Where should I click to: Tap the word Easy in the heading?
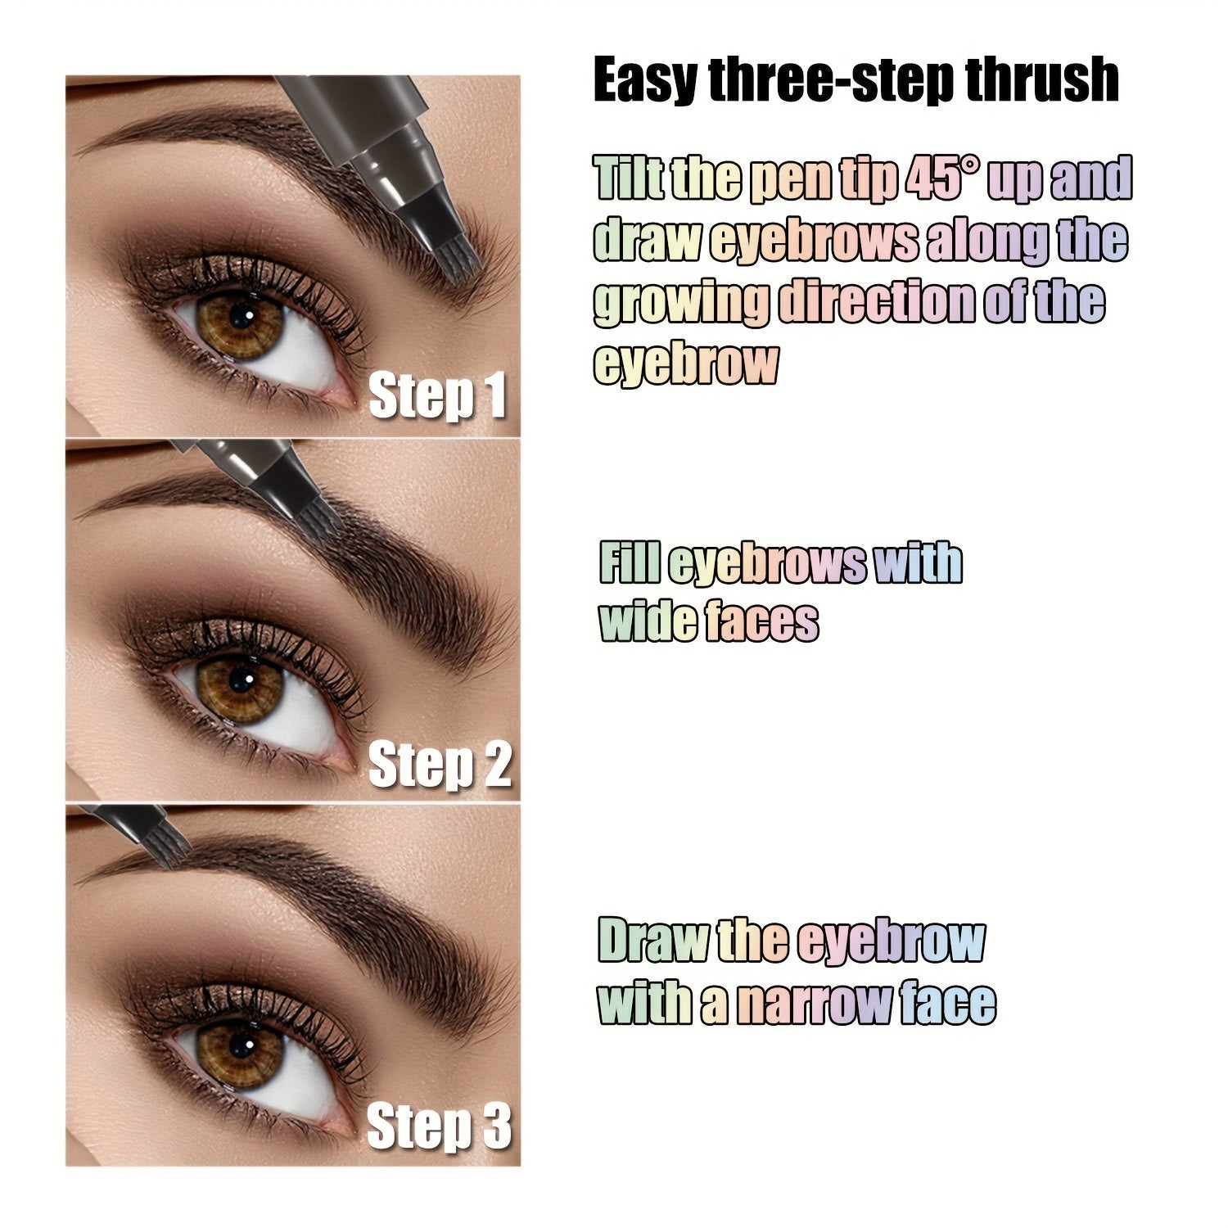tap(645, 81)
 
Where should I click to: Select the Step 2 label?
tap(440, 765)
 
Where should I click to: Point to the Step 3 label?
tap(439, 1126)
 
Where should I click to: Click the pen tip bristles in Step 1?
tap(463, 262)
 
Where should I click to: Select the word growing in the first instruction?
tap(681, 302)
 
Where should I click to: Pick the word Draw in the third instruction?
tap(651, 941)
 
